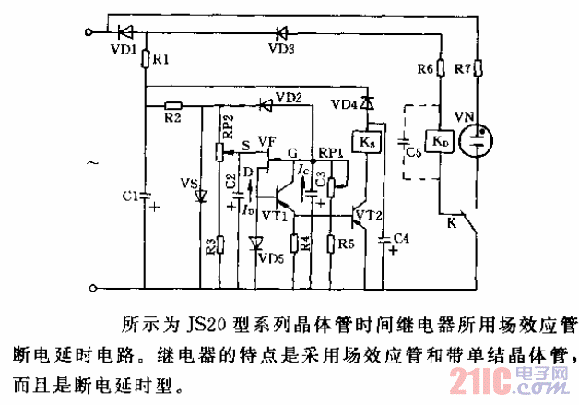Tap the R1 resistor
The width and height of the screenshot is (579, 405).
click(x=147, y=60)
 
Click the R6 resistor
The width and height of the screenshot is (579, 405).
click(x=442, y=69)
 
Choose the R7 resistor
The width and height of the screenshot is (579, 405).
click(x=479, y=69)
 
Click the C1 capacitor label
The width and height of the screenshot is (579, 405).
click(x=130, y=197)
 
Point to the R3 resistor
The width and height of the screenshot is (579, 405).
click(x=219, y=244)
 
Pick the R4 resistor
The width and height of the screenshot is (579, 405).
click(x=295, y=244)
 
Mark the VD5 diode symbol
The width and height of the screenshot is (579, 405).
click(x=254, y=244)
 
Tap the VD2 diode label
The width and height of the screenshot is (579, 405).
click(x=288, y=97)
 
